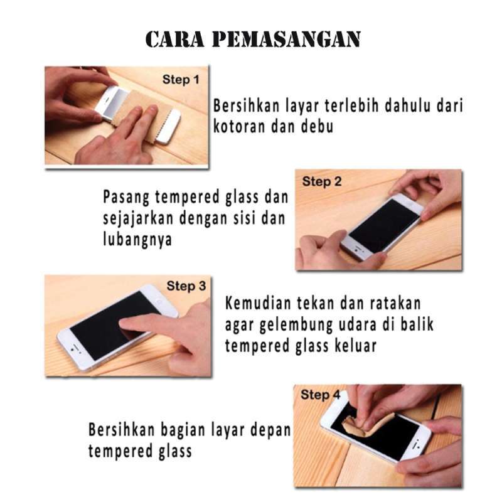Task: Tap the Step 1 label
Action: pos(180,80)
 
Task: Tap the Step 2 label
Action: pos(321,182)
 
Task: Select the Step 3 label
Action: pos(186,286)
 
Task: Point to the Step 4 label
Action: pos(320,395)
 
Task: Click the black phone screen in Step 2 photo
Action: pos(383,225)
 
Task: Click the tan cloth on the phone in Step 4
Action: pos(367,427)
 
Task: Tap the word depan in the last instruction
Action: pos(272,430)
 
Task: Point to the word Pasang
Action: pos(125,198)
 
